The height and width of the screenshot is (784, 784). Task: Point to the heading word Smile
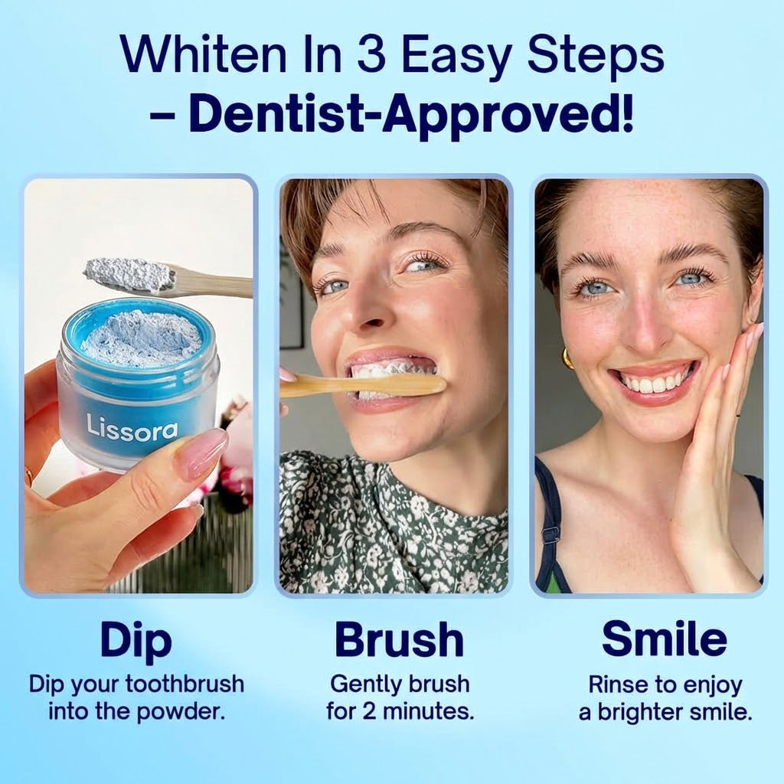coord(665,640)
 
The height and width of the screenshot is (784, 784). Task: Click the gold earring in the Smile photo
coord(567,358)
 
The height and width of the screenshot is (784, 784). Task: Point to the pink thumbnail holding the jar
coord(200,451)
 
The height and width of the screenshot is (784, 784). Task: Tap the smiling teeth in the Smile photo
coord(654,380)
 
